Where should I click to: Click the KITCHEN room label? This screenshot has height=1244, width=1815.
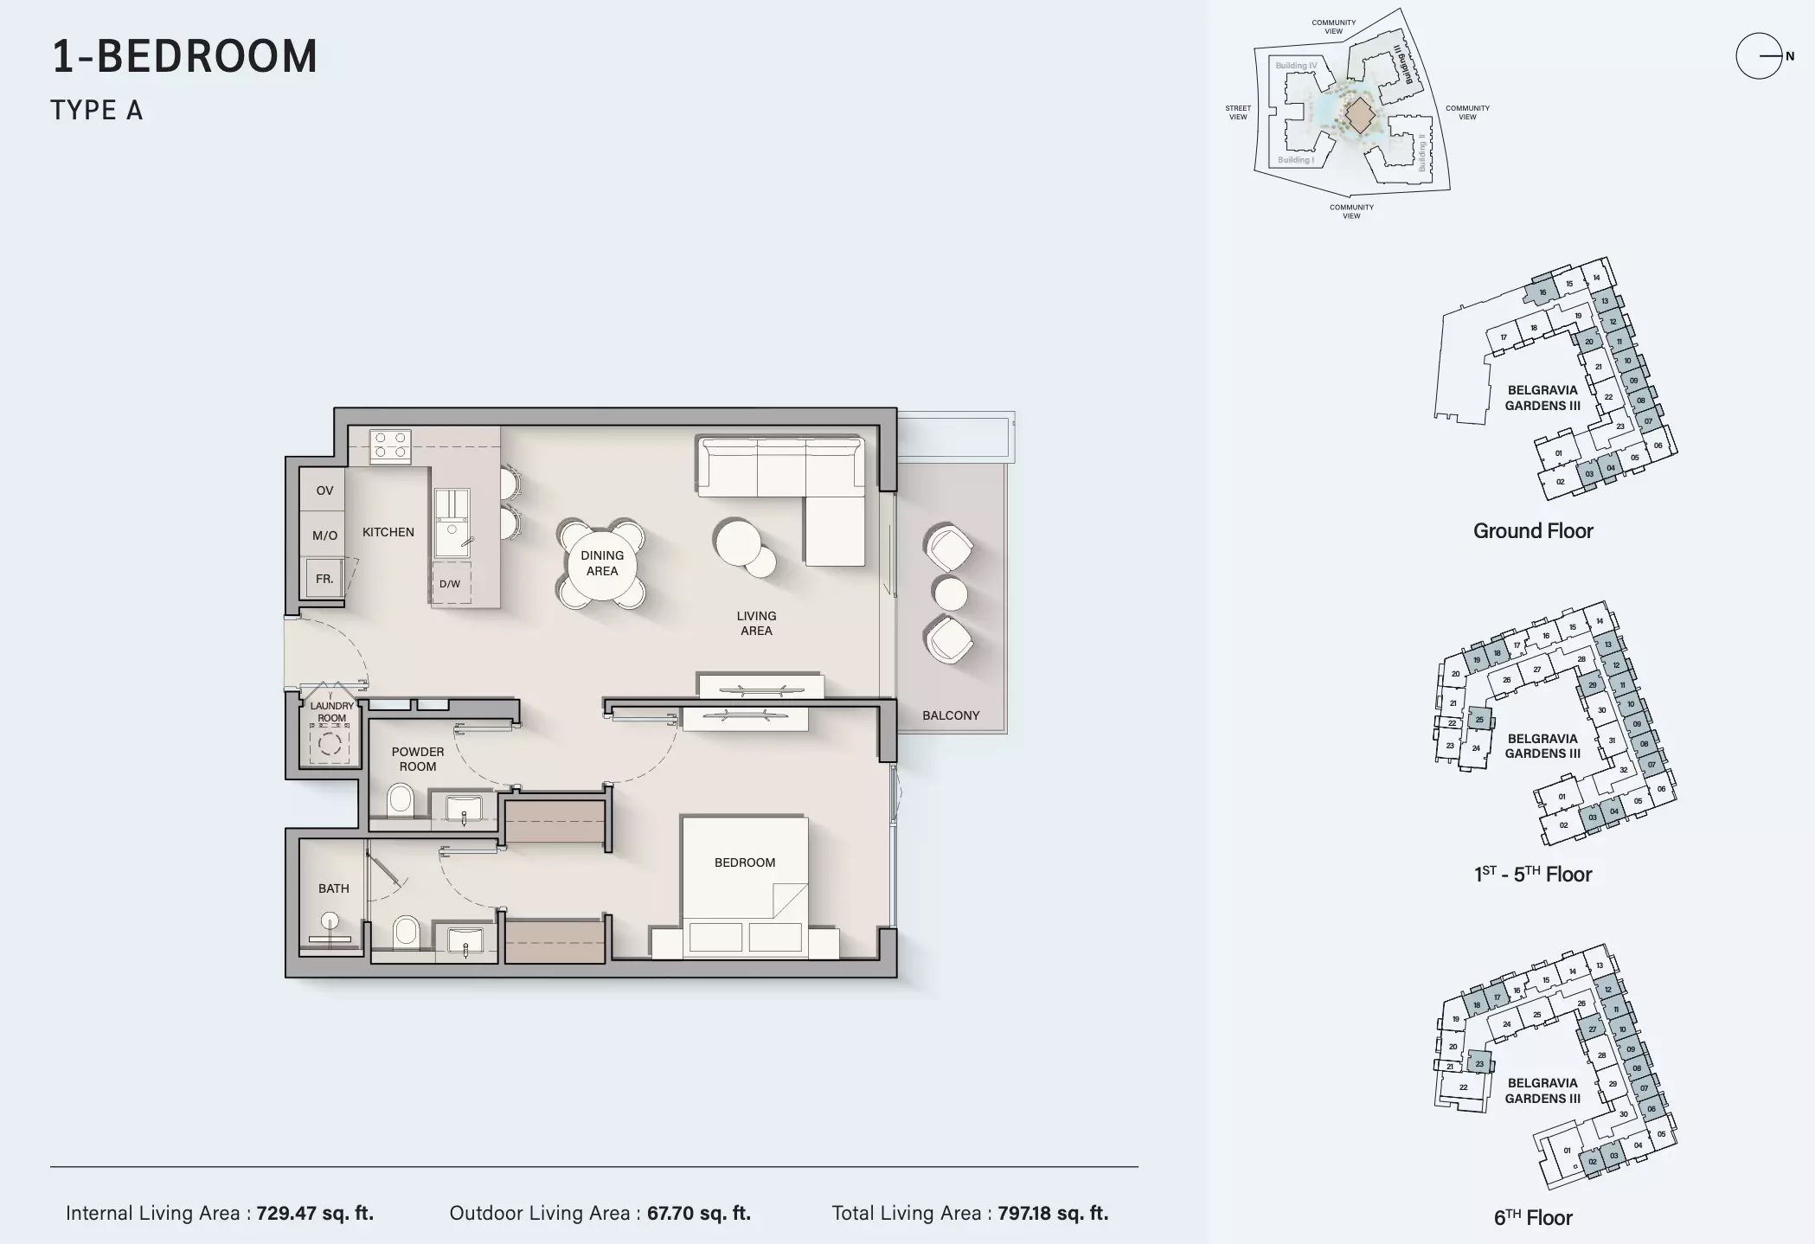[x=388, y=532]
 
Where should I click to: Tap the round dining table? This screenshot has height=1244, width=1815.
[x=601, y=564]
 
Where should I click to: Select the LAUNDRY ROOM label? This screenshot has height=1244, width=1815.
[x=331, y=712]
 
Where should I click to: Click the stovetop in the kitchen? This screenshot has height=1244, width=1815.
[x=389, y=446]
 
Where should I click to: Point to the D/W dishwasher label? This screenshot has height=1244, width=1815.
[x=450, y=584]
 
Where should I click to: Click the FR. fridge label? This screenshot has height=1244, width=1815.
[x=324, y=579]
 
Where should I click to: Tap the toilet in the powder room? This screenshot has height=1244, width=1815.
[x=400, y=800]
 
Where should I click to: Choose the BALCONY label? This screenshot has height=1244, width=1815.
[x=951, y=715]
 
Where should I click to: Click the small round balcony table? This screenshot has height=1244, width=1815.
[x=949, y=593]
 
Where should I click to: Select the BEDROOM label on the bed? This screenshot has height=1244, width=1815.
[x=744, y=862]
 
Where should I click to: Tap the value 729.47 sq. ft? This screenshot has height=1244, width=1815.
[x=315, y=1213]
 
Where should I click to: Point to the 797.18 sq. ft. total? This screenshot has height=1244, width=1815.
[x=1052, y=1213]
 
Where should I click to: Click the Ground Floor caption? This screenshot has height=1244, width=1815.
[x=1532, y=530]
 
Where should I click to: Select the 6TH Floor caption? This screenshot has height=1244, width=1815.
[x=1532, y=1217]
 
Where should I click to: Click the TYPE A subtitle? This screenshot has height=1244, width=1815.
[x=97, y=111]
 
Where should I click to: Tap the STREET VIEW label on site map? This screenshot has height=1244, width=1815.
[x=1237, y=112]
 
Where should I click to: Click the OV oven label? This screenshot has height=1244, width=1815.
[x=324, y=491]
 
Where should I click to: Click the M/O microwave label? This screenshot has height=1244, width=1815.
[x=324, y=535]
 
